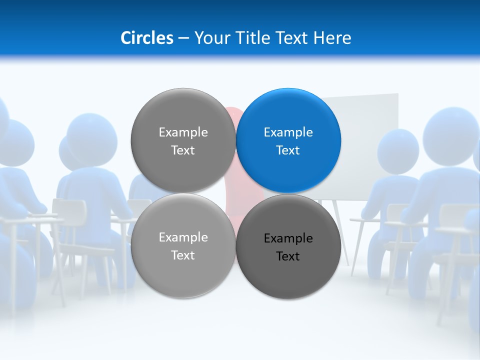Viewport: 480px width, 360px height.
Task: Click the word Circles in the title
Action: (x=147, y=38)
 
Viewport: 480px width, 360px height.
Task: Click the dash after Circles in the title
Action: (x=183, y=38)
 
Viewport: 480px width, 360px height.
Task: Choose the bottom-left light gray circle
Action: (x=183, y=275)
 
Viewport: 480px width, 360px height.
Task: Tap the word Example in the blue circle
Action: (x=288, y=132)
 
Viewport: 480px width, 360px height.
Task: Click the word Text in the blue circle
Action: (x=288, y=150)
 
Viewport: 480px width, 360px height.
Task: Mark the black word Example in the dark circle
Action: (x=288, y=238)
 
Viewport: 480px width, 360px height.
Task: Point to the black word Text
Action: (x=288, y=256)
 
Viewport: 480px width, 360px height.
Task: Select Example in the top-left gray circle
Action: (x=183, y=132)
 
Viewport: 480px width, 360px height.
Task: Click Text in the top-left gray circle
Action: (x=183, y=150)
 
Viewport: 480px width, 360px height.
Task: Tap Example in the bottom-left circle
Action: (x=183, y=237)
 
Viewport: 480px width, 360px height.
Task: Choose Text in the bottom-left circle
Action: (x=183, y=255)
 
